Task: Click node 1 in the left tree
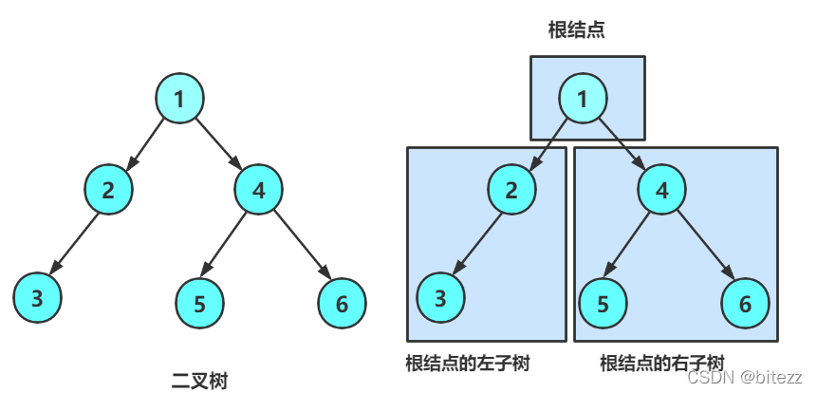coord(179,98)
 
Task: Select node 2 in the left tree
coord(108,189)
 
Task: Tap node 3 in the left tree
coord(37,298)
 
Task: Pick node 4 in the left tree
coord(258,189)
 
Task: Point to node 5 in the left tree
coord(199,304)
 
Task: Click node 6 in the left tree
coord(342,304)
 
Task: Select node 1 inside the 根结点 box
coord(583,98)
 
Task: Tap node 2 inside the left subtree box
coord(511,189)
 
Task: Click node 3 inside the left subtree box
coord(440,298)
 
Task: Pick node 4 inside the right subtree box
coord(662,189)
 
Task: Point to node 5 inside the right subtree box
coord(603,304)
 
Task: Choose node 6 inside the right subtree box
coord(745,304)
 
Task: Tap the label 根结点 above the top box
coord(576,30)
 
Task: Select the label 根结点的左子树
coord(467,363)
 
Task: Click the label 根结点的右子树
coord(662,363)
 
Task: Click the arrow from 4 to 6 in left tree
coord(300,246)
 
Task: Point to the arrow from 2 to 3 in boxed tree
coord(476,243)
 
